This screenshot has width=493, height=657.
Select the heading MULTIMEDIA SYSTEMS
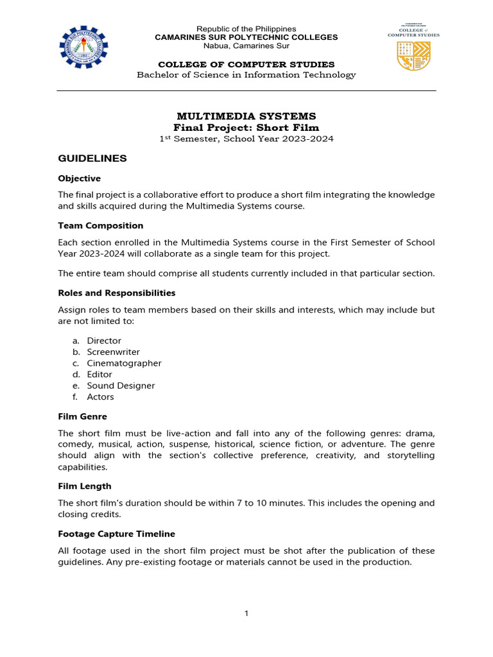coord(246,116)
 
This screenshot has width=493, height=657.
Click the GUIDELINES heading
coord(92,158)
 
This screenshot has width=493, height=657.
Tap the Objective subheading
coord(79,178)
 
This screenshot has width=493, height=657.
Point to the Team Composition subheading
coord(101,226)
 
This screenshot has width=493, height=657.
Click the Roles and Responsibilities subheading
coord(116,293)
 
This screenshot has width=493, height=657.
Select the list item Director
coord(104,341)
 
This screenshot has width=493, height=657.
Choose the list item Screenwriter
coord(113,352)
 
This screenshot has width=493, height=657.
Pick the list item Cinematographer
coord(124,363)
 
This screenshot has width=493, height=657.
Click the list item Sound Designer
coord(121,386)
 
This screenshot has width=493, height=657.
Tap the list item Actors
coord(100,397)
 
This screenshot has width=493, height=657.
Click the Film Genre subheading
coord(82,416)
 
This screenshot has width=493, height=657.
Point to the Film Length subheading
coord(84,486)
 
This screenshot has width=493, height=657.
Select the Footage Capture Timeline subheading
coord(116,534)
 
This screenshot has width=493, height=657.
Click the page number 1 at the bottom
coord(246,613)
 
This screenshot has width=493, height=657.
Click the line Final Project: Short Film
coord(246,128)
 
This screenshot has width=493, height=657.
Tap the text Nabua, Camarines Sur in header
coord(246,46)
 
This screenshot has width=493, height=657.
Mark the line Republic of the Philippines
coord(246,29)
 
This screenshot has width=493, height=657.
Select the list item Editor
coord(99,375)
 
